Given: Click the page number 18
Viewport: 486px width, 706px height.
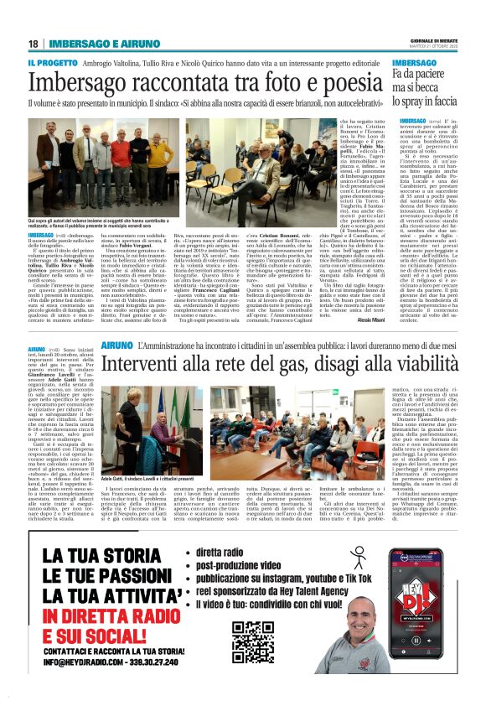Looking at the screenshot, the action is [x=33, y=44].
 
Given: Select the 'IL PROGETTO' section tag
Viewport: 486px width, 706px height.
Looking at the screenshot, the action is [x=54, y=64].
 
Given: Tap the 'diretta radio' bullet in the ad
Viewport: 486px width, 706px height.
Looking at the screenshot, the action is [x=222, y=531].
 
